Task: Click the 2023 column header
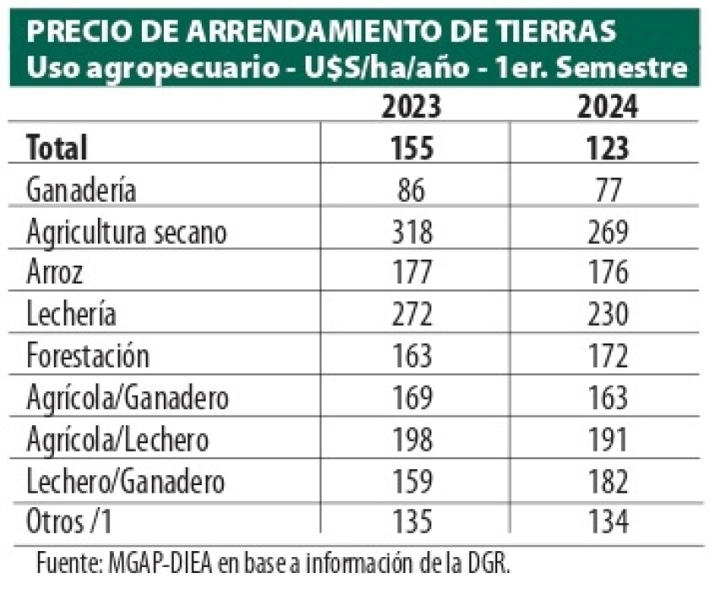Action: pos(412,109)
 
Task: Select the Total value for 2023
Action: pos(412,149)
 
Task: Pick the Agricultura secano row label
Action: pos(127,231)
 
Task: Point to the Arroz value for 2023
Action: pos(412,273)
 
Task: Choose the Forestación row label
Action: pos(88,355)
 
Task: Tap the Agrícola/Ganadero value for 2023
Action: pos(412,397)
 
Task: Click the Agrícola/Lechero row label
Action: pos(117,439)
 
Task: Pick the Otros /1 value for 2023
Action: pos(412,522)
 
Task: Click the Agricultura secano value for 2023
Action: pos(412,231)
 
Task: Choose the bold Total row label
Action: pos(57,149)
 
